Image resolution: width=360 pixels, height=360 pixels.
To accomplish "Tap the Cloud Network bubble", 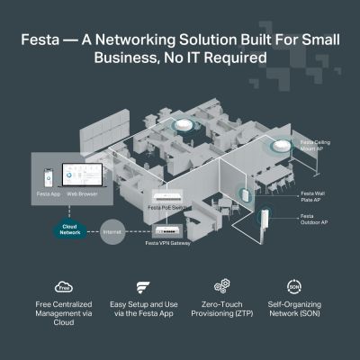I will pyautogui.click(x=69, y=229).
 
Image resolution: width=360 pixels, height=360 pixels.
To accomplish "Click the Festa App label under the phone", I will pyautogui.click(x=49, y=193).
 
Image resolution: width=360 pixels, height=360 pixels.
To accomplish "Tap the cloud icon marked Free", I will pyautogui.click(x=64, y=289).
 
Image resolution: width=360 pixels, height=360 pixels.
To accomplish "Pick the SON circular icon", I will pyautogui.click(x=293, y=288).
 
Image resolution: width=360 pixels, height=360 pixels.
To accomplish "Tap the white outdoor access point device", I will pyautogui.click(x=265, y=220).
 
